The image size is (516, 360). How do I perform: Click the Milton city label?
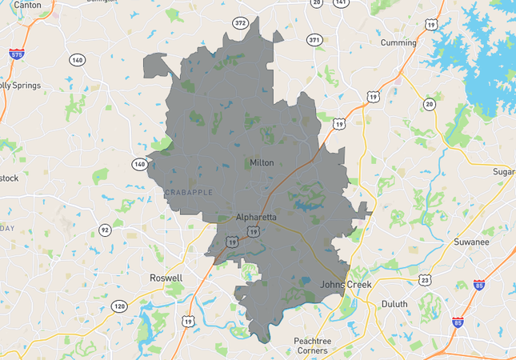click(x=262, y=162)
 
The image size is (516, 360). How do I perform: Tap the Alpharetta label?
click(x=256, y=217)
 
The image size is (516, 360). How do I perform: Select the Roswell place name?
click(x=166, y=278)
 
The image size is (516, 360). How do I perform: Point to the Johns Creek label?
click(x=346, y=284)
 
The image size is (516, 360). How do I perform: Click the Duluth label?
click(x=394, y=304)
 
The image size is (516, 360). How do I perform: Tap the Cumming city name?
click(x=398, y=42)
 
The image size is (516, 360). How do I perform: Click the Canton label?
click(x=27, y=5)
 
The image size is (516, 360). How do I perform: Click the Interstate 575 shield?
click(x=16, y=55)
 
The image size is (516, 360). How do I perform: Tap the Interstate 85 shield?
click(x=479, y=285)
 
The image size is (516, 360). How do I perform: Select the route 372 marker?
click(x=240, y=23)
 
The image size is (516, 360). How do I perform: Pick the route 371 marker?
click(x=314, y=39)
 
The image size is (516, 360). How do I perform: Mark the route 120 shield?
click(x=119, y=306)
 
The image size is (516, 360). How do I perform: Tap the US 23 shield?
click(x=425, y=279)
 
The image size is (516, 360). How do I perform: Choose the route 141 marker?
click(x=342, y=3)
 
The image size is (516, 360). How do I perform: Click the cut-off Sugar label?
click(x=503, y=172)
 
